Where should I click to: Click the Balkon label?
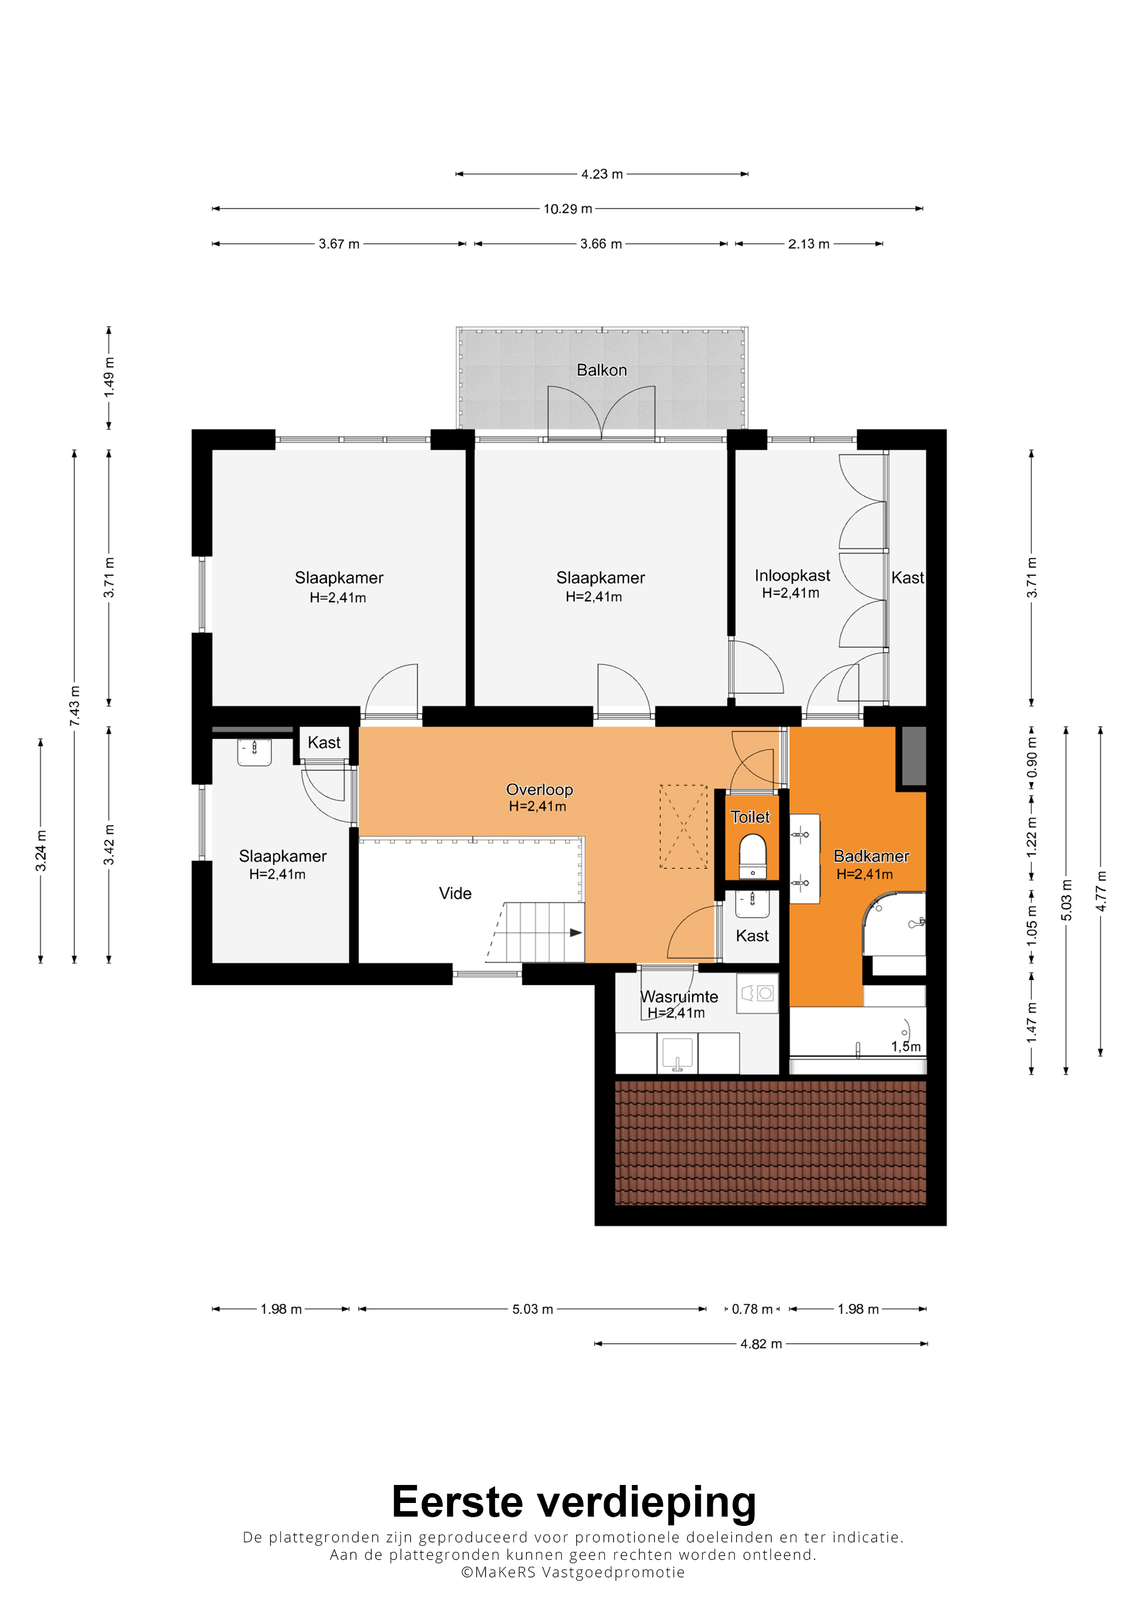coord(601,370)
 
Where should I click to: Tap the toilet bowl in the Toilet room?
coord(753,855)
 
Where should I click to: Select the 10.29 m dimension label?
coord(568,209)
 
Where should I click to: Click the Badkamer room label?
coord(872,856)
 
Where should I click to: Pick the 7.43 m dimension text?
coord(75,706)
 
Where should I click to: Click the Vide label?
coord(456,894)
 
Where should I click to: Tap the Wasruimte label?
coord(679,997)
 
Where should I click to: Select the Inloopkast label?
coord(792,576)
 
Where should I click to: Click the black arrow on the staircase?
coord(576,932)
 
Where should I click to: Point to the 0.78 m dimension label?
coord(752,1309)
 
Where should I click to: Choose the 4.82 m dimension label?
coord(761,1344)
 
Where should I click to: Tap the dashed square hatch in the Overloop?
coord(683,827)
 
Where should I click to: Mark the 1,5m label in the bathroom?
coord(906,1046)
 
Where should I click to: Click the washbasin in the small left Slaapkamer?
coord(254,752)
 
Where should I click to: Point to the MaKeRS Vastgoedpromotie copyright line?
coord(572,1572)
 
